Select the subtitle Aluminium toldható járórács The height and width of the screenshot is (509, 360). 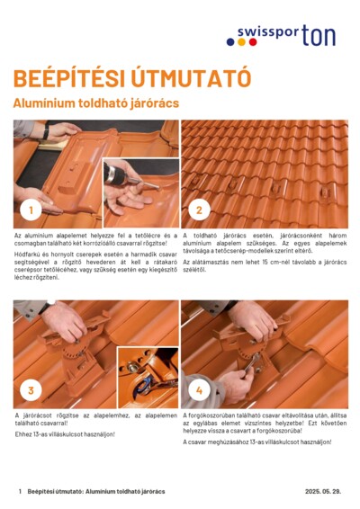point(95,103)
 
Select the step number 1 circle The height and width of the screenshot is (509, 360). point(31,211)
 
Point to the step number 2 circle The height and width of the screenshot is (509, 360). point(199,211)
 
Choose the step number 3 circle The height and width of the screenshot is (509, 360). point(31,390)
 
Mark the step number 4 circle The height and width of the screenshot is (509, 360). point(199,390)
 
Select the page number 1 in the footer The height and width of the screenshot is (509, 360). point(19,492)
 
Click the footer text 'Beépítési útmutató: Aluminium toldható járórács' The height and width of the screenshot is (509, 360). point(95,492)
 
